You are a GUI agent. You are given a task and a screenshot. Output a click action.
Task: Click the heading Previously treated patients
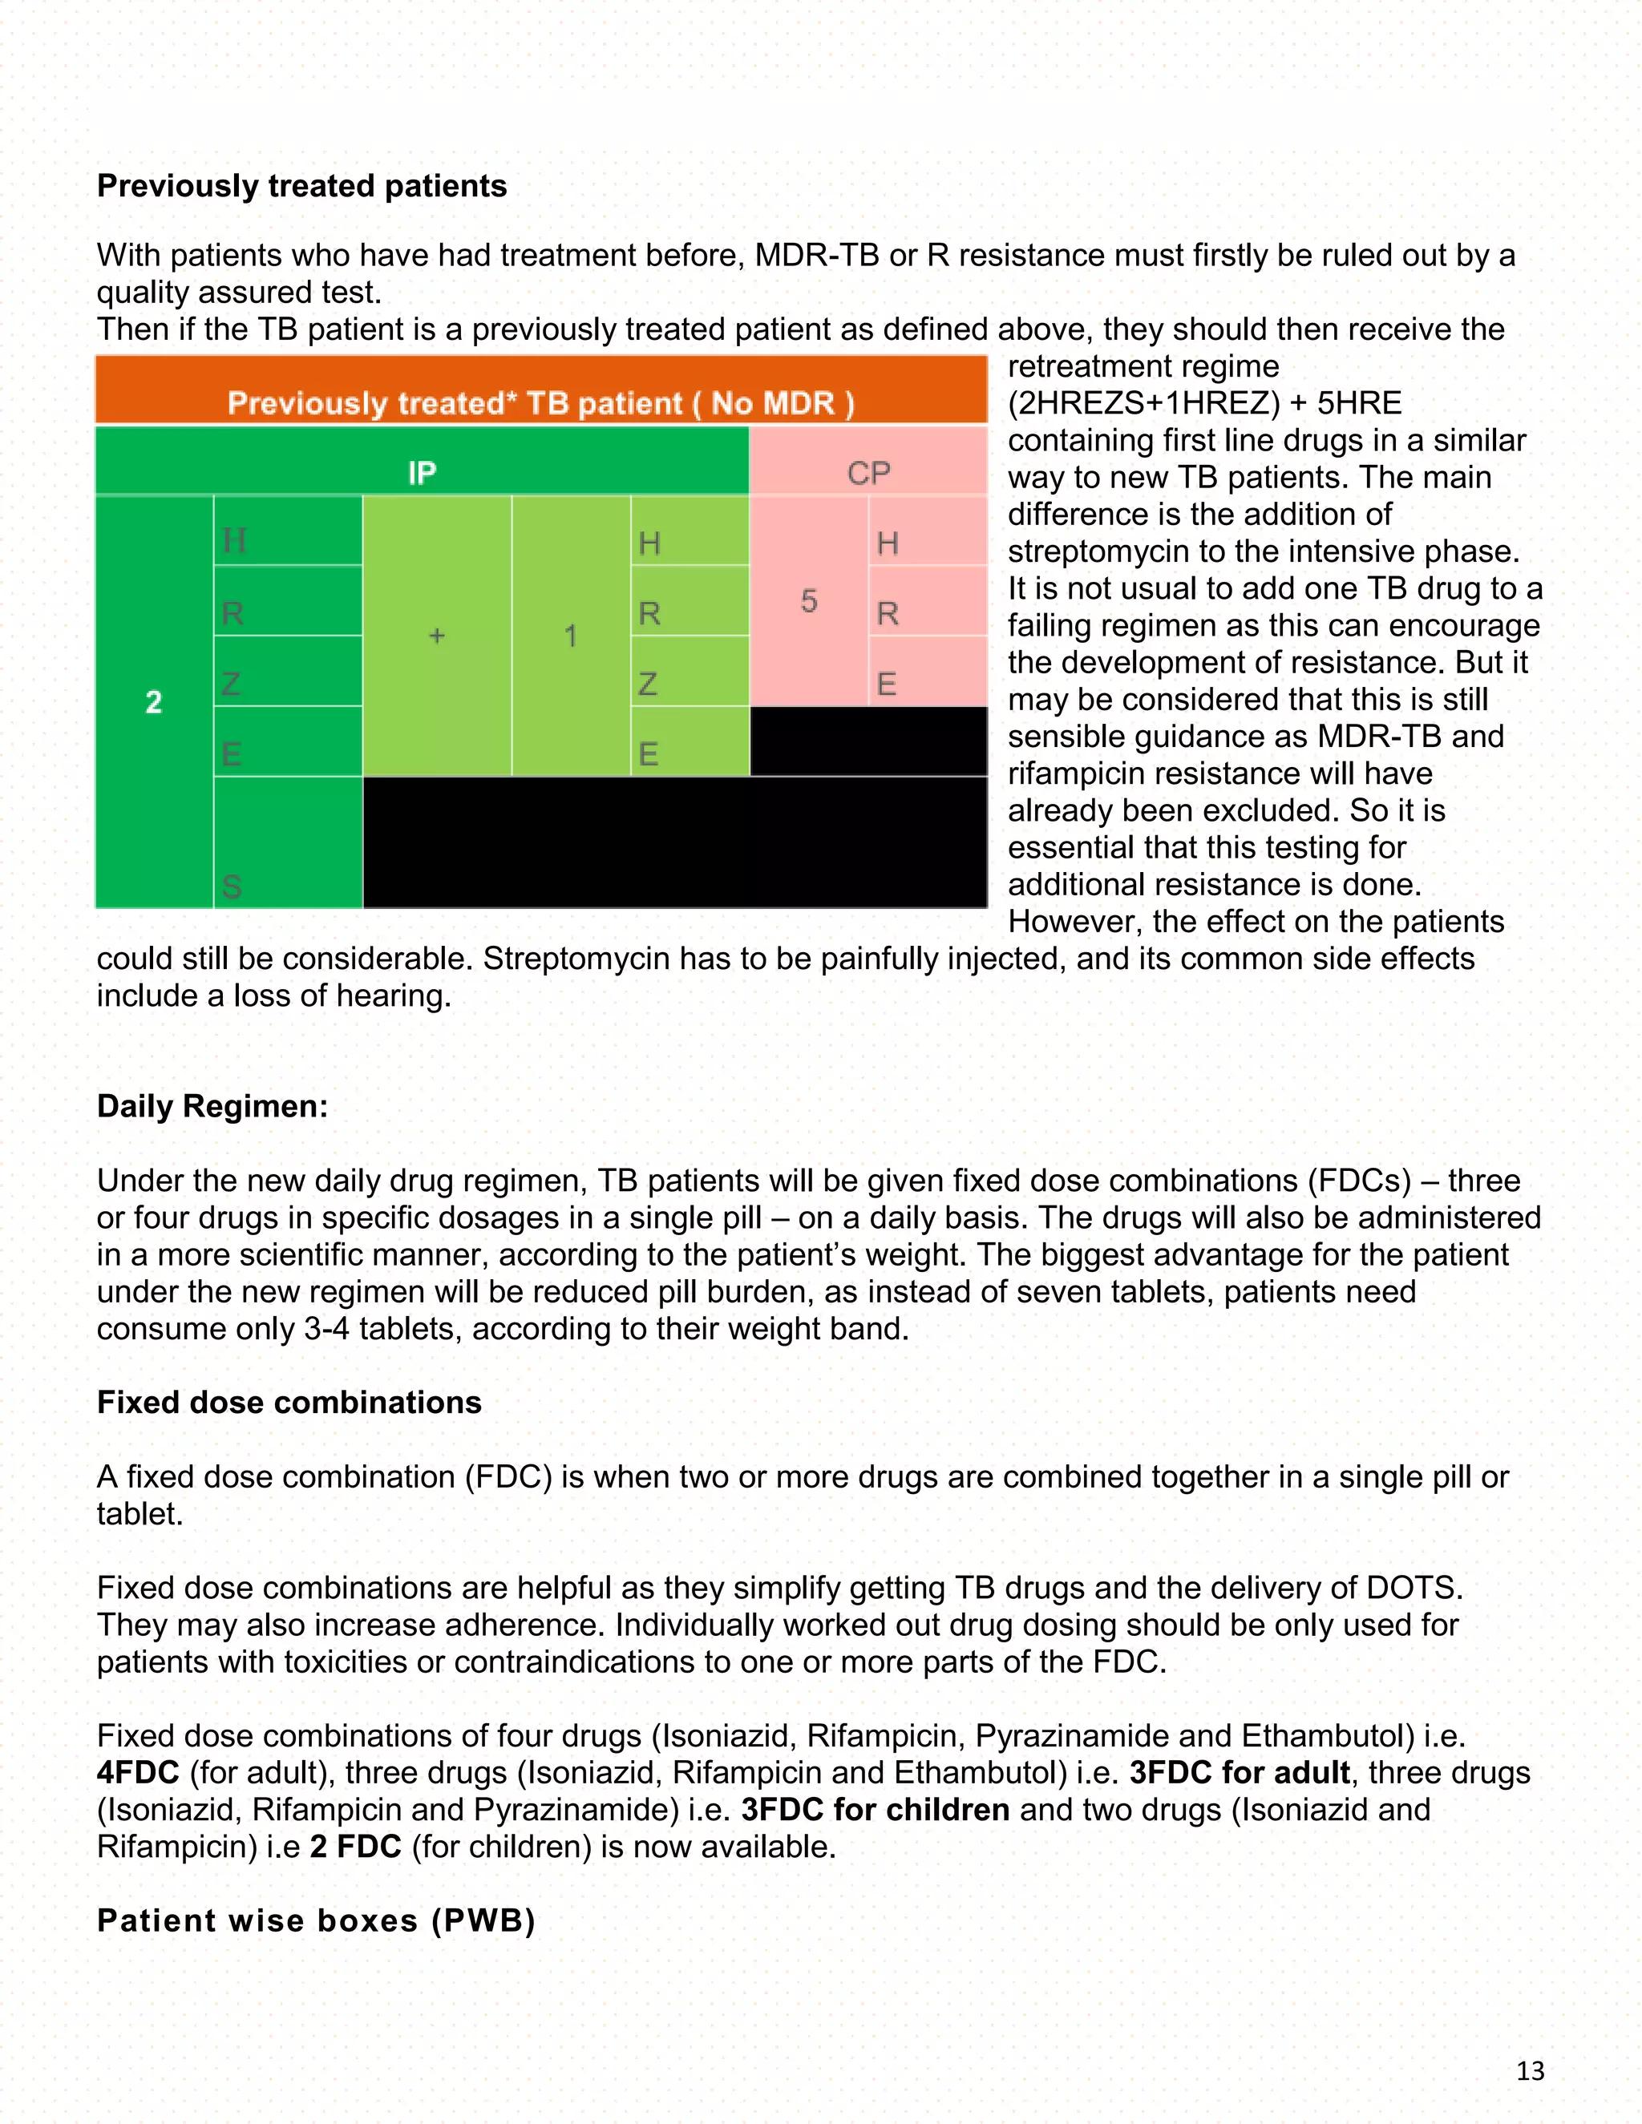[301, 186]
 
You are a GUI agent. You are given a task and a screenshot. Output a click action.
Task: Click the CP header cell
[868, 473]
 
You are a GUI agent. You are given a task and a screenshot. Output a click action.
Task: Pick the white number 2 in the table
[154, 702]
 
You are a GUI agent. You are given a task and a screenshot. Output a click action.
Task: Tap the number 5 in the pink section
[808, 601]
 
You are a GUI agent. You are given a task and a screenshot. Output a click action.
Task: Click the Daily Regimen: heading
[212, 1107]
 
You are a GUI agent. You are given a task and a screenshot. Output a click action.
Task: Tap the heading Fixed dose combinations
[289, 1403]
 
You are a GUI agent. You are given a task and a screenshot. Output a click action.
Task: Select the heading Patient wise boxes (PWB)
[316, 1920]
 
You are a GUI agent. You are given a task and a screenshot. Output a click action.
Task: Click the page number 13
[1530, 2070]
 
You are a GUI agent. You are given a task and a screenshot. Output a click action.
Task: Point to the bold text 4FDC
[138, 1773]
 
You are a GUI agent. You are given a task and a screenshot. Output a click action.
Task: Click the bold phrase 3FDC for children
[875, 1810]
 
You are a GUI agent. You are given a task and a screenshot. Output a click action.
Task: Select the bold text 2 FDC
[356, 1847]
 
